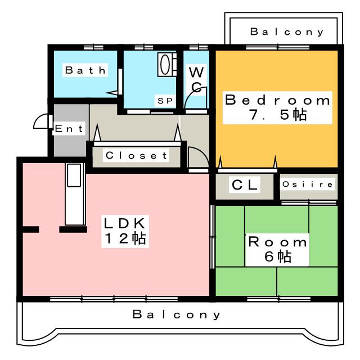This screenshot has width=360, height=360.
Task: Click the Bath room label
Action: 85,70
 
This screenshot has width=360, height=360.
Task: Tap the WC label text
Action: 196,79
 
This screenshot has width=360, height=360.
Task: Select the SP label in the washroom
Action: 164,101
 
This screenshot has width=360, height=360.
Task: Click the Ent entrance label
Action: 69,129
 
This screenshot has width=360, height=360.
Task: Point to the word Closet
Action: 136,155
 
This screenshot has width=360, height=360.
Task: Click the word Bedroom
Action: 277,101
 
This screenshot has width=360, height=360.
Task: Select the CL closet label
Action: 245,184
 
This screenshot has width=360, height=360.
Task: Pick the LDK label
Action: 125,222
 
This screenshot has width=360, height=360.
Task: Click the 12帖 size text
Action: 125,238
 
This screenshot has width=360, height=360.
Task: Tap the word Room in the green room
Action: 278,242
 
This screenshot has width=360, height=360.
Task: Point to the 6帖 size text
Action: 278,258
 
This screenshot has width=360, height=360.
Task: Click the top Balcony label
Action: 287,32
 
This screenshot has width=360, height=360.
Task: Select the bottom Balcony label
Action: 177,314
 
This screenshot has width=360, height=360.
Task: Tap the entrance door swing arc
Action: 40,121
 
